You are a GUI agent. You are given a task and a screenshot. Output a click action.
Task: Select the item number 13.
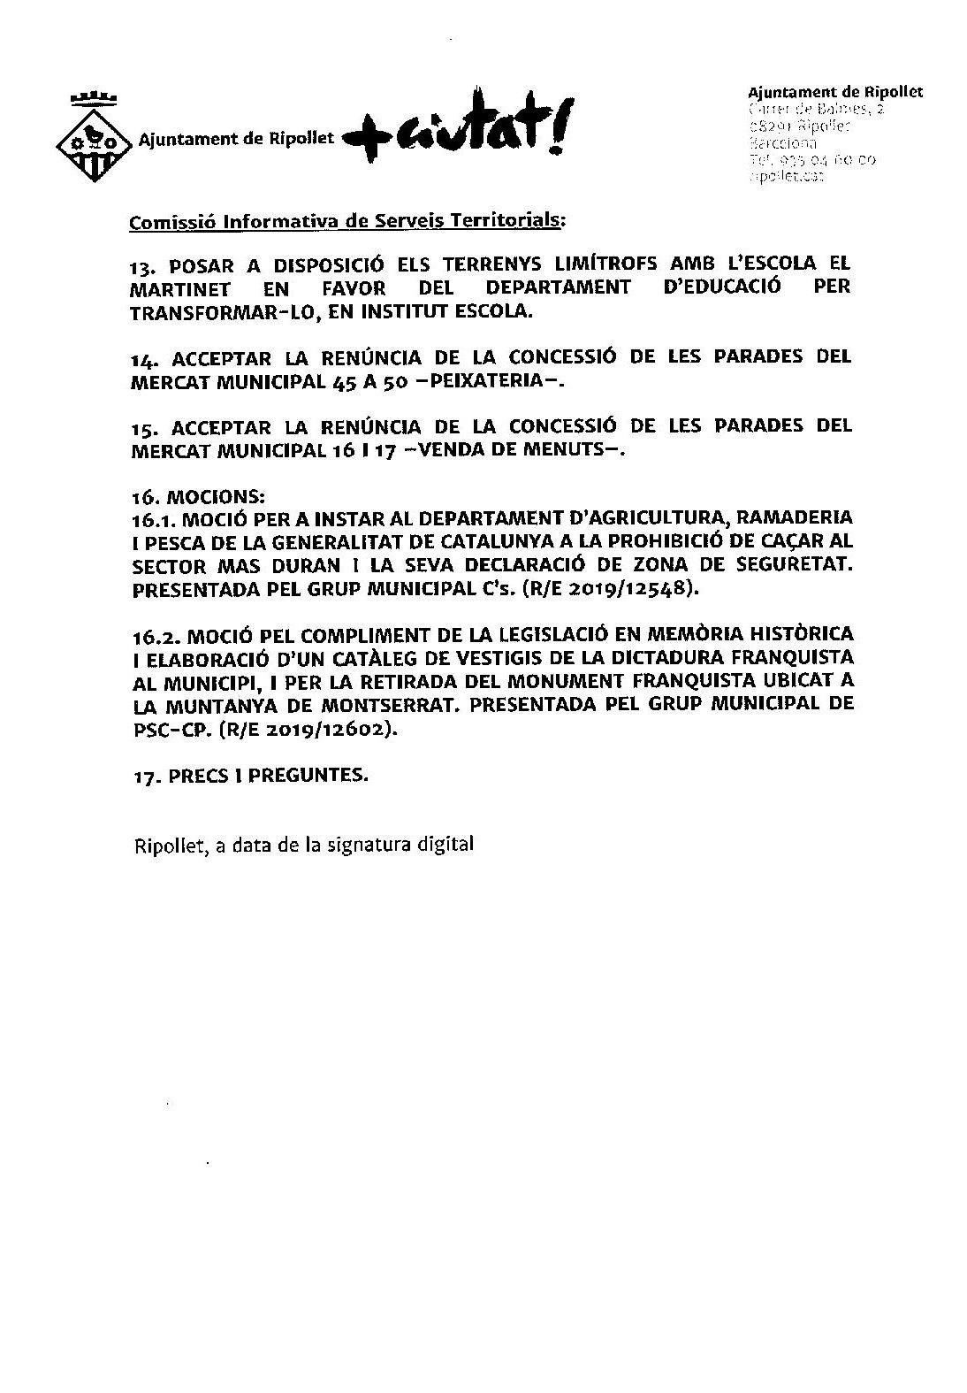(x=142, y=265)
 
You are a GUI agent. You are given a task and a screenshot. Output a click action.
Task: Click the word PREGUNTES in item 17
(x=306, y=776)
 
